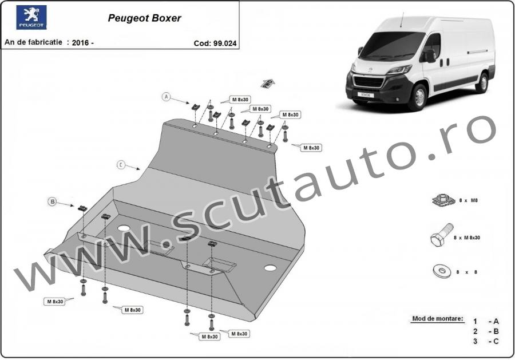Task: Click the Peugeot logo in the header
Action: pyautogui.click(x=31, y=17)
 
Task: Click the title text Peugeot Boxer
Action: pyautogui.click(x=145, y=18)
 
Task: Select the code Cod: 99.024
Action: pyautogui.click(x=215, y=43)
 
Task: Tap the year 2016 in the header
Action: pyautogui.click(x=81, y=42)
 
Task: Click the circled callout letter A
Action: pyautogui.click(x=167, y=97)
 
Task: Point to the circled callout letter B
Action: pyautogui.click(x=52, y=201)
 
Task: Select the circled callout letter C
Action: pyautogui.click(x=121, y=165)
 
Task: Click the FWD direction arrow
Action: pyautogui.click(x=268, y=84)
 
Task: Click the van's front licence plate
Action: pyautogui.click(x=365, y=95)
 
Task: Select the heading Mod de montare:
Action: pyautogui.click(x=438, y=319)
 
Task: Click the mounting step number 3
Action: pyautogui.click(x=475, y=341)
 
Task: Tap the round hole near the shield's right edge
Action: pyautogui.click(x=270, y=268)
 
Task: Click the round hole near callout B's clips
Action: pyautogui.click(x=124, y=228)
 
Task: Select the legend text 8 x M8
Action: pyautogui.click(x=468, y=200)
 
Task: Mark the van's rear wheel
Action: pyautogui.click(x=482, y=83)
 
